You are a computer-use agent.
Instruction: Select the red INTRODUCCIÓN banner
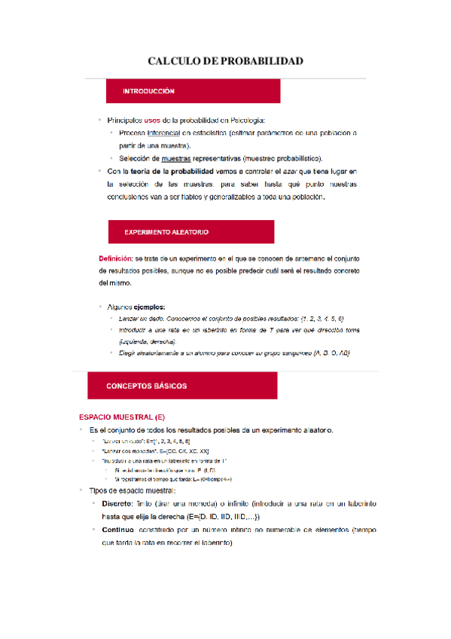tap(194, 91)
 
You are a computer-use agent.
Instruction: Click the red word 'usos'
tap(152, 120)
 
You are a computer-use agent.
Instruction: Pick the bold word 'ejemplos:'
tap(149, 307)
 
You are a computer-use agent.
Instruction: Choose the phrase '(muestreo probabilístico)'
tap(280, 158)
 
